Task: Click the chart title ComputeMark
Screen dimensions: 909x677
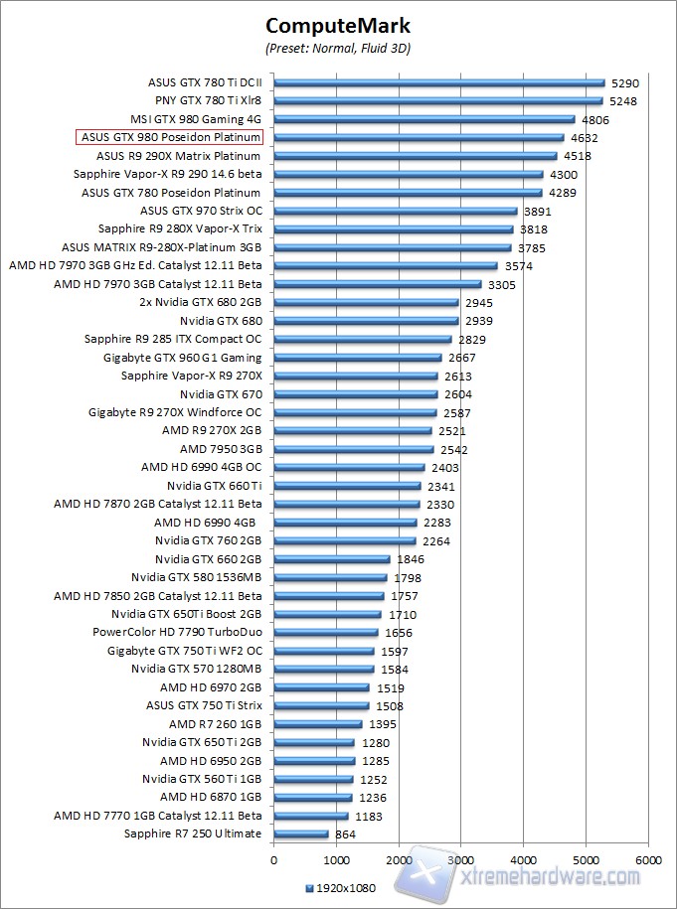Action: point(338,26)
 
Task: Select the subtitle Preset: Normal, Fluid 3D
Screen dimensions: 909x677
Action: point(338,48)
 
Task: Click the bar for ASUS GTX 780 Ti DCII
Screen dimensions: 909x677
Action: point(438,83)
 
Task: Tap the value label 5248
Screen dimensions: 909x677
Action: point(623,101)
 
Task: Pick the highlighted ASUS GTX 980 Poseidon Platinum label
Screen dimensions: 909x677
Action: point(170,138)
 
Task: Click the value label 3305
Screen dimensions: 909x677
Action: point(501,284)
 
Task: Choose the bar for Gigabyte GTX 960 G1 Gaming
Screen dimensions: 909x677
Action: point(357,358)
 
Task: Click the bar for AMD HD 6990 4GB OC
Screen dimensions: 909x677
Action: point(348,467)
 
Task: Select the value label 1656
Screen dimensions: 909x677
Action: point(398,632)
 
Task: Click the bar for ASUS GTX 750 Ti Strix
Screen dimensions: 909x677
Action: point(320,705)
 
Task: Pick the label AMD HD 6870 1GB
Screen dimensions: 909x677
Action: point(211,797)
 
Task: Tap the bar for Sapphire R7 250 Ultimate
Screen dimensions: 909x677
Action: point(300,833)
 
